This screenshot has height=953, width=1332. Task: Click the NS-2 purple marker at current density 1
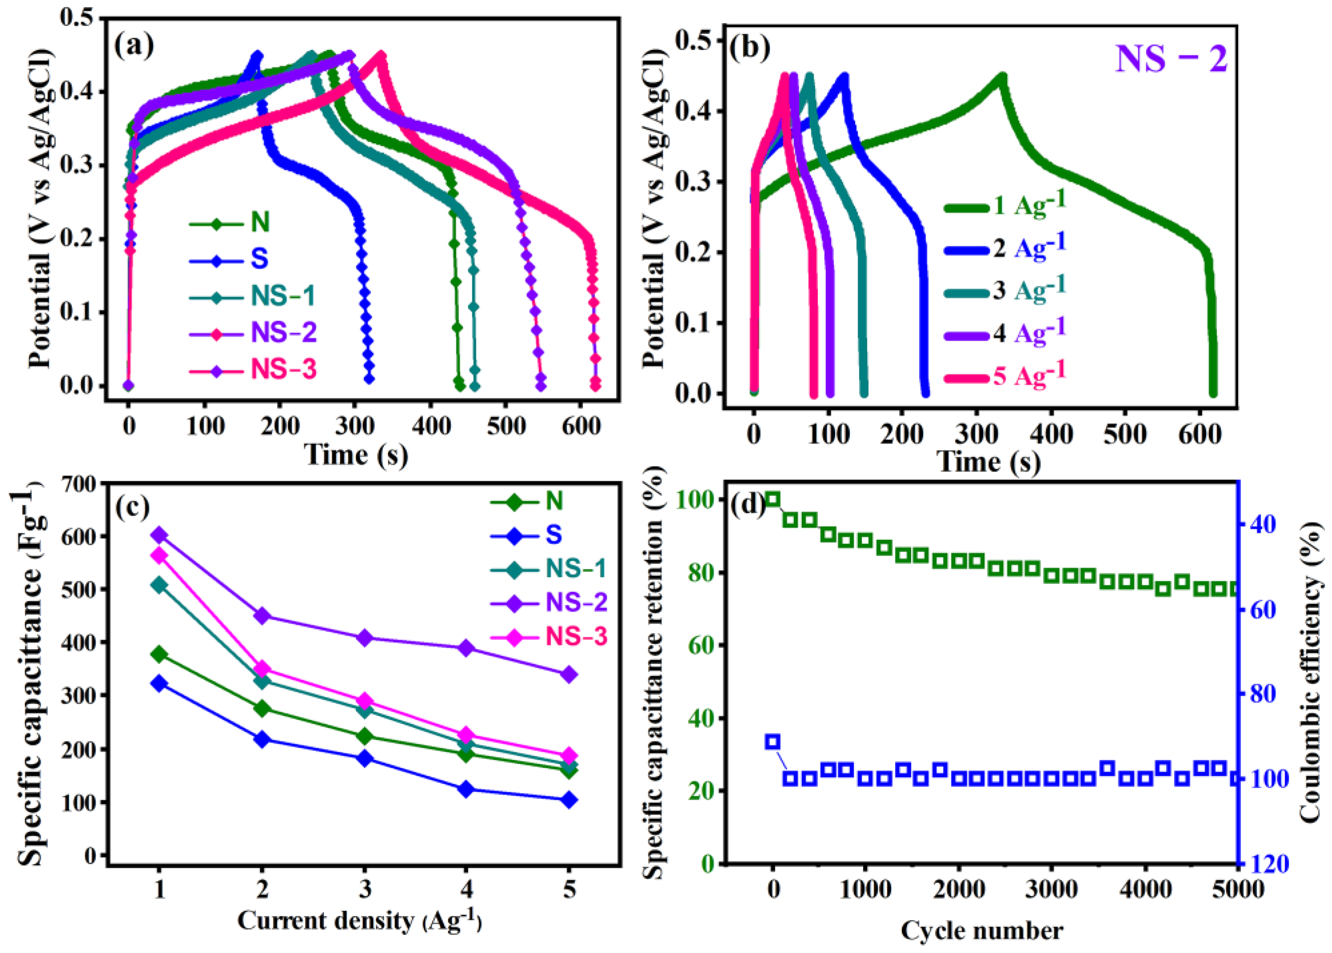click(x=160, y=534)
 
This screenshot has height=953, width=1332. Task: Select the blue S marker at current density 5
click(x=568, y=800)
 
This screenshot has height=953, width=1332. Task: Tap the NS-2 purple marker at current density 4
click(x=466, y=648)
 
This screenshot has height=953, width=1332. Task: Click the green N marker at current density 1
click(x=160, y=654)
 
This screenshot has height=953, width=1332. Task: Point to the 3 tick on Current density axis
click(x=365, y=890)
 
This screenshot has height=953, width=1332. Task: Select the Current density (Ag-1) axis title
click(x=359, y=921)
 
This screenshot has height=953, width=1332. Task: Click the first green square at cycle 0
click(x=773, y=499)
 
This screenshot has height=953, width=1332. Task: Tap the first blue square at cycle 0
click(x=773, y=742)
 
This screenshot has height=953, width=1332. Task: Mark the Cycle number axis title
click(x=982, y=931)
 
